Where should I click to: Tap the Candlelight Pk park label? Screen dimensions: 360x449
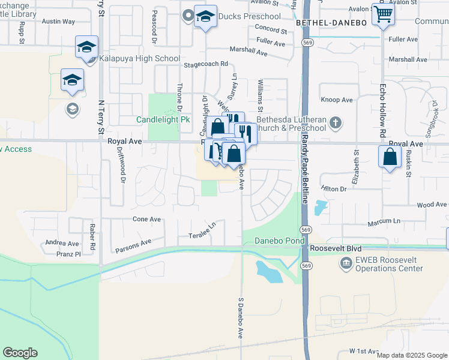click(x=163, y=119)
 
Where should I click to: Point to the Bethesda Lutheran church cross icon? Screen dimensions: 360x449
click(x=336, y=123)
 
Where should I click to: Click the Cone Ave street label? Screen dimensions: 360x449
click(x=146, y=220)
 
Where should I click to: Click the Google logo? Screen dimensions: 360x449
click(x=20, y=353)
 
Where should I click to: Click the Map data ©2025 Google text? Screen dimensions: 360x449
click(x=411, y=355)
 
